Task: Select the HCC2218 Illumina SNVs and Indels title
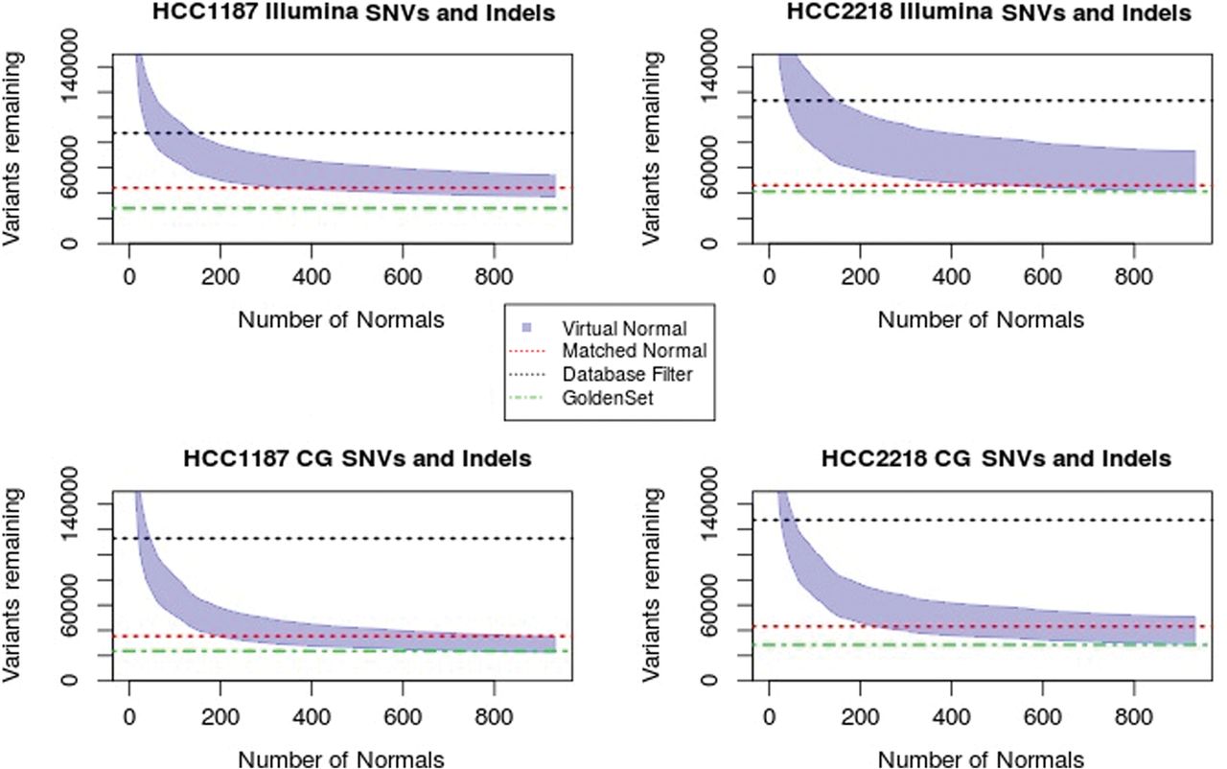987,13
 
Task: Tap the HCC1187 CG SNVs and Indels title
357,458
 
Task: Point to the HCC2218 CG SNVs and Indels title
996,458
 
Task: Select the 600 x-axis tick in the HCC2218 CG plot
1042,715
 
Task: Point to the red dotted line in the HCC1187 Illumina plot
383,188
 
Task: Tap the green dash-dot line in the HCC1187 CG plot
288,651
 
